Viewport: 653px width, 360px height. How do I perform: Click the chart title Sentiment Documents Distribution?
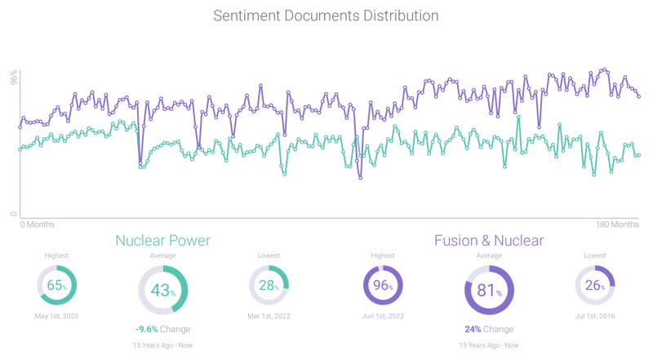(326, 16)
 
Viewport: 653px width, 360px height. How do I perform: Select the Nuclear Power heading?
(162, 240)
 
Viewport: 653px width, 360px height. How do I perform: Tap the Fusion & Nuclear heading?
(489, 240)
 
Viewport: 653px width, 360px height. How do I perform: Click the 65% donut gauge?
(56, 286)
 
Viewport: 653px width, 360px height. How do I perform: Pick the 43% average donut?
(162, 289)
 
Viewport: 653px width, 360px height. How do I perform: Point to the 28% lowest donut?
(269, 286)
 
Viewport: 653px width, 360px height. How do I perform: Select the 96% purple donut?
(383, 286)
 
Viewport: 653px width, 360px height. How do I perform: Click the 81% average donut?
(489, 289)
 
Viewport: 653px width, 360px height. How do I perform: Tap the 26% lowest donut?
(595, 286)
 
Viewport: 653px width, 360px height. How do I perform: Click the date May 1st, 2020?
(56, 316)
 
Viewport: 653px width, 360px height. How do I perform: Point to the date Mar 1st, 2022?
(269, 316)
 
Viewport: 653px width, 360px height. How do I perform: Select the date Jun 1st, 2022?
(383, 316)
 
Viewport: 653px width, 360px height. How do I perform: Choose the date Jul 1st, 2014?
(595, 316)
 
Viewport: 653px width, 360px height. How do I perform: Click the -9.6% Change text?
(162, 330)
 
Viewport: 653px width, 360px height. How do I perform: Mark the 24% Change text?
(489, 330)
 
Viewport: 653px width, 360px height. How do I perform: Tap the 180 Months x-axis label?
(617, 224)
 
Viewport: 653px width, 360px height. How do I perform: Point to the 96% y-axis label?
(14, 77)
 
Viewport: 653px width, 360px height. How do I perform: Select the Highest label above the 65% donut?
(56, 256)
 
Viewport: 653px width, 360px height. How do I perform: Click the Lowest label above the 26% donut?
(595, 256)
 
